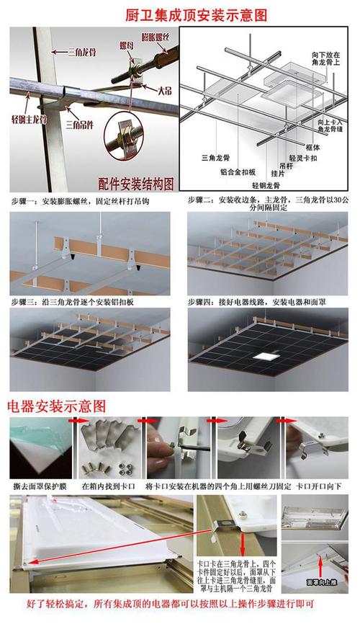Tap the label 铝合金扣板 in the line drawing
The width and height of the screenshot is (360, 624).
click(x=235, y=173)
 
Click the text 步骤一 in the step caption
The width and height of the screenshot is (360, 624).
click(x=26, y=200)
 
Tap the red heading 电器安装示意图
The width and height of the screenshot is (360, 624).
click(x=57, y=406)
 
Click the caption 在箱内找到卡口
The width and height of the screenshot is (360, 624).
click(x=108, y=486)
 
